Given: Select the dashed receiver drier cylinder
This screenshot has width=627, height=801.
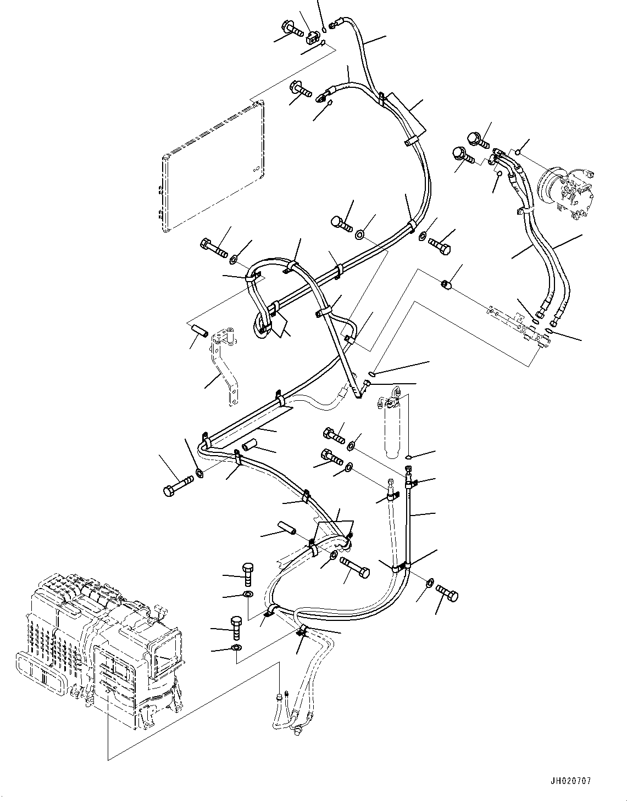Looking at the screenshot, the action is click(392, 427).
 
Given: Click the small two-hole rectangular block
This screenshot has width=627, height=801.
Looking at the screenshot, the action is click(312, 36).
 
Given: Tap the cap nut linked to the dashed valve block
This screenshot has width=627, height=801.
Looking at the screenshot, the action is click(446, 284).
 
